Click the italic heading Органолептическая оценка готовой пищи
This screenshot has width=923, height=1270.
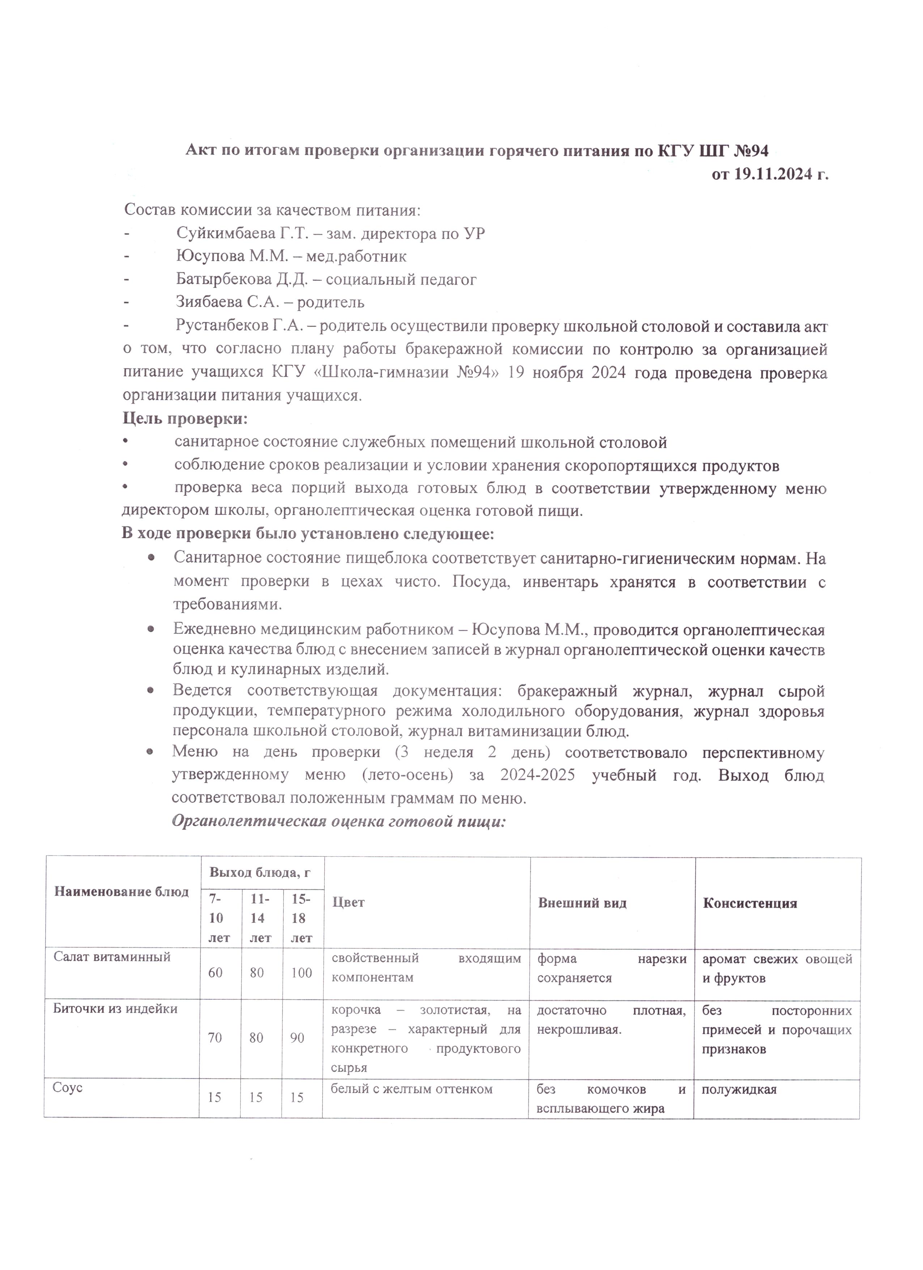pos(338,821)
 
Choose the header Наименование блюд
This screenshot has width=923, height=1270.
pos(122,892)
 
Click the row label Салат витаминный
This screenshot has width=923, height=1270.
pos(112,957)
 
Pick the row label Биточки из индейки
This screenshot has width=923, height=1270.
pos(115,1009)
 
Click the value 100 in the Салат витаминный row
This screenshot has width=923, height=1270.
pos(301,973)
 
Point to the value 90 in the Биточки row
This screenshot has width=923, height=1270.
pos(297,1038)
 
